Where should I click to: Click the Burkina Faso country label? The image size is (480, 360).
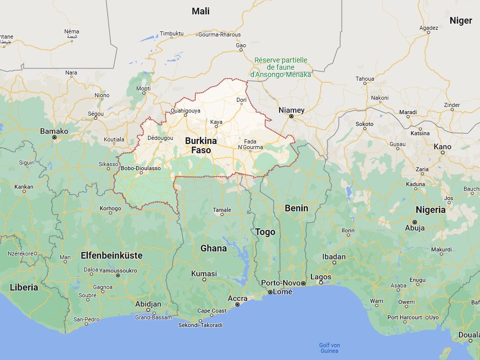point(201,146)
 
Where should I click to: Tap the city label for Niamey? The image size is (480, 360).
point(291,110)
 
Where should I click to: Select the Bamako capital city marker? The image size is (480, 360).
point(54,137)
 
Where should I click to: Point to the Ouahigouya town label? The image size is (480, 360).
point(186,110)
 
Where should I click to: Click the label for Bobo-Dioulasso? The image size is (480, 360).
point(141,168)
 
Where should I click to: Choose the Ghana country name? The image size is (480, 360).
point(213,248)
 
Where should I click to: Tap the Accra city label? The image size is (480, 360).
point(237,298)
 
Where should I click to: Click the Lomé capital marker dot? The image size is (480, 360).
point(270,292)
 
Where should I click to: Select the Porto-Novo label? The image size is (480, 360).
point(281,283)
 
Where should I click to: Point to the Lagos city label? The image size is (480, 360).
point(321,277)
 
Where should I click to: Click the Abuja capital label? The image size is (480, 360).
point(415,227)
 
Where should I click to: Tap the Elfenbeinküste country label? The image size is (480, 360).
point(112,255)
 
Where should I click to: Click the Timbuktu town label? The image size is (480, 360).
point(171,33)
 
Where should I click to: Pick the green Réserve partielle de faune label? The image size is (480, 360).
point(281,67)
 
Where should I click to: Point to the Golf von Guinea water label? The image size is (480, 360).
point(329,348)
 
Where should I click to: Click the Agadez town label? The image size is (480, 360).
point(429,28)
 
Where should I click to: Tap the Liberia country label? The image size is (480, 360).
point(24,287)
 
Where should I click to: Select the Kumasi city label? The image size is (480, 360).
point(204,274)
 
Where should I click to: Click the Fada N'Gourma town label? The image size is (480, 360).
point(250,144)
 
